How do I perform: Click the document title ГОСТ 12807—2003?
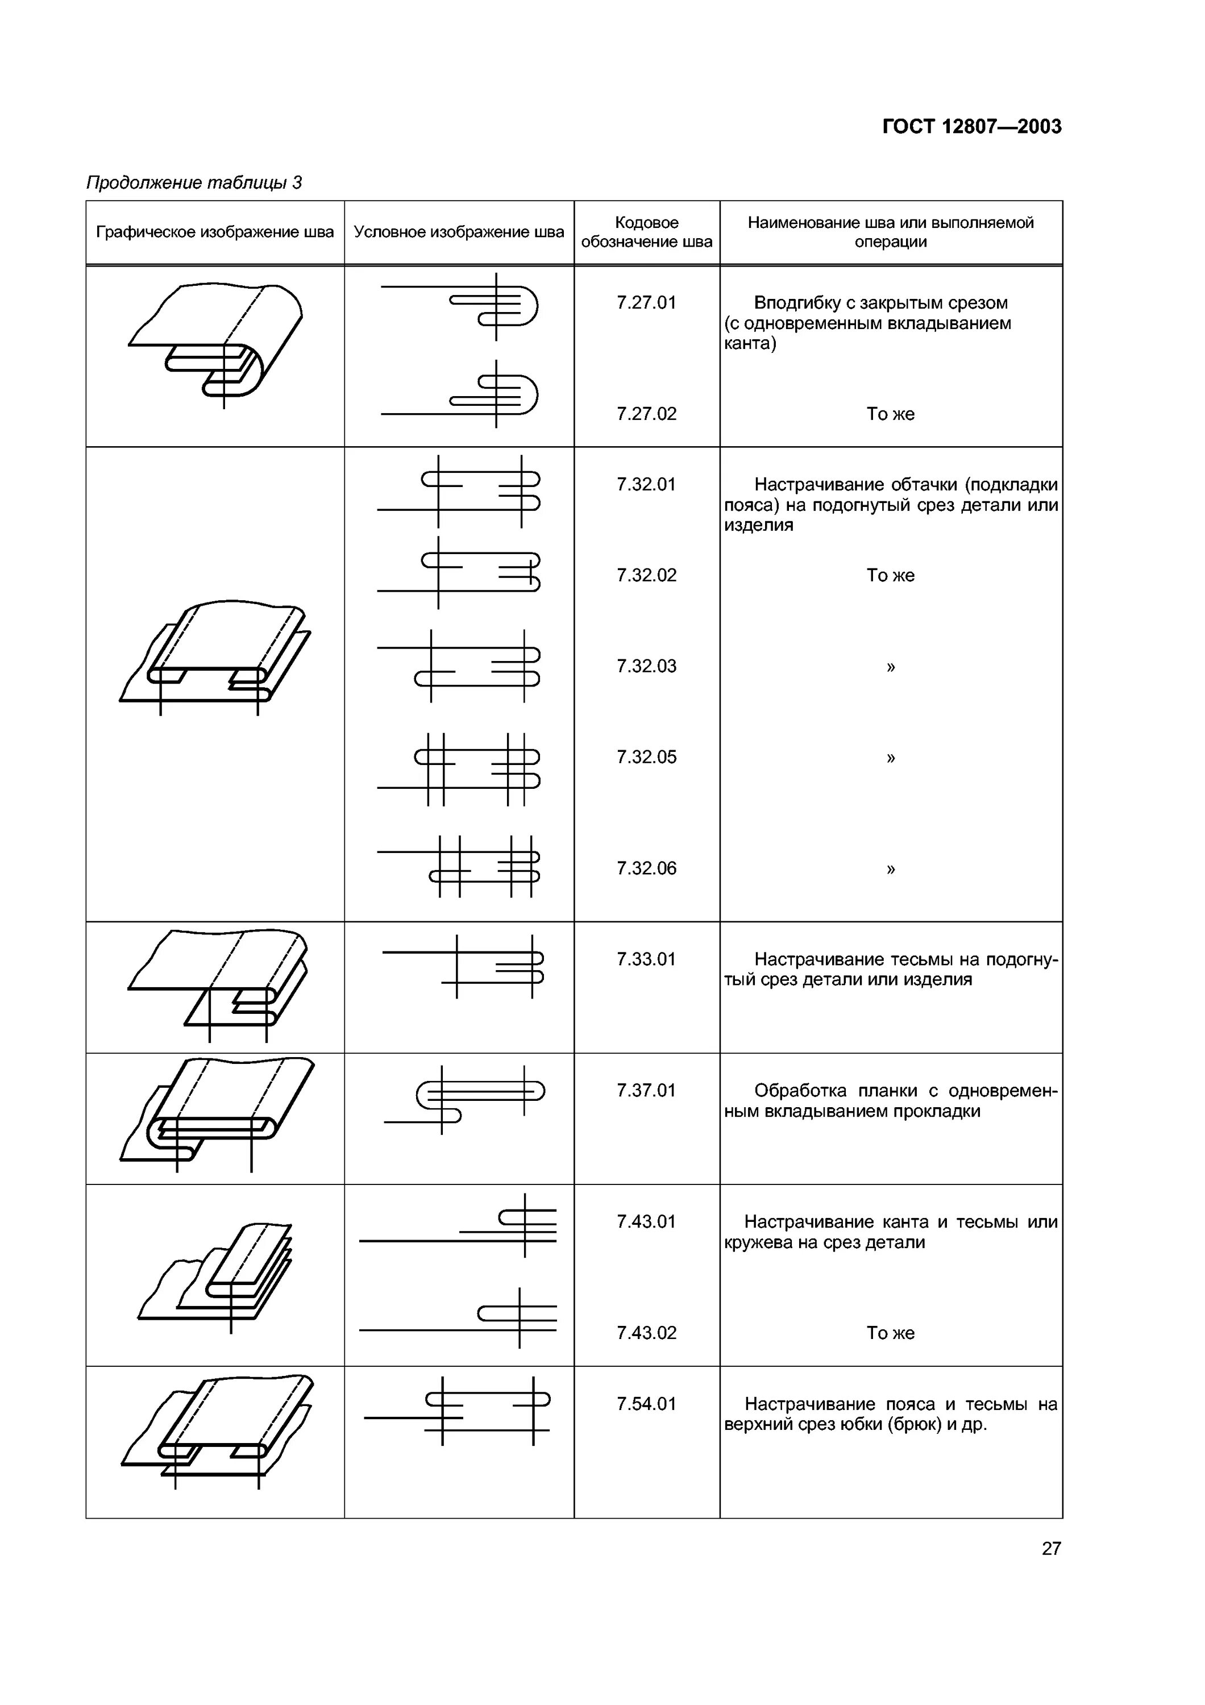coord(971,127)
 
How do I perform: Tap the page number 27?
coord(1050,1548)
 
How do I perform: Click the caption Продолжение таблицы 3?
coord(194,182)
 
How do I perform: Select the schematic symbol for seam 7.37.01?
coord(464,1100)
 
